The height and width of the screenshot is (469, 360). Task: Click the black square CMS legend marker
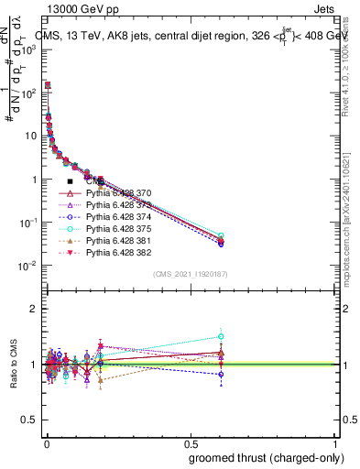(x=70, y=182)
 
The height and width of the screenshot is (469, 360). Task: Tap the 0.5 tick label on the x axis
(x=191, y=442)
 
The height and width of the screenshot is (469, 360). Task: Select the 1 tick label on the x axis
(x=337, y=442)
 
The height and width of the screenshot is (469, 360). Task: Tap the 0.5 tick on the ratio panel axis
(x=30, y=420)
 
